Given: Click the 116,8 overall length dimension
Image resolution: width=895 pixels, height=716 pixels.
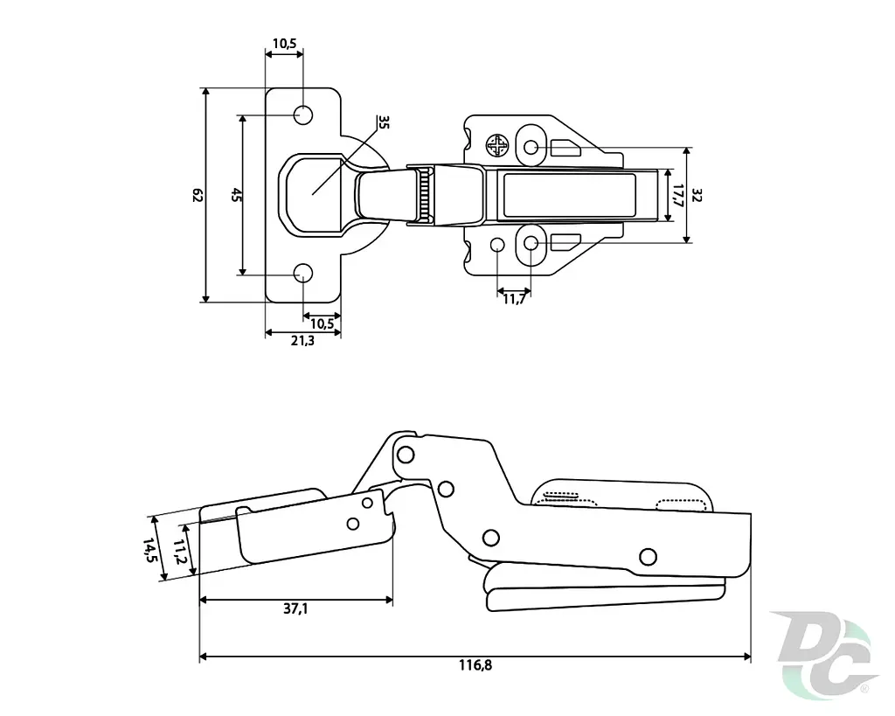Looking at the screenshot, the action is tap(475, 665).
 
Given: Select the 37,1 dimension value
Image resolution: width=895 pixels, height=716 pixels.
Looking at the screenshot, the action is tap(295, 608).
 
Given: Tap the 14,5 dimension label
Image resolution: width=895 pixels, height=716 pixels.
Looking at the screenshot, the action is tap(149, 550).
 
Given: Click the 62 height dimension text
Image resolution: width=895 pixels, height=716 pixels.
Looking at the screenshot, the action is tap(198, 195).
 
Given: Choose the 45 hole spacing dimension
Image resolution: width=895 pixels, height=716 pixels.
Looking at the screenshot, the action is tap(236, 195).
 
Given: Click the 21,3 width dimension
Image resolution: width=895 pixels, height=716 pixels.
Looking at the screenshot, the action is tap(302, 341).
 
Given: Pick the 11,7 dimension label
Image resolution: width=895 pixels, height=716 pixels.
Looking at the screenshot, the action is tap(514, 299).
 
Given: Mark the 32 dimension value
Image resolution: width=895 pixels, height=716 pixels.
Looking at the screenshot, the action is tap(697, 195).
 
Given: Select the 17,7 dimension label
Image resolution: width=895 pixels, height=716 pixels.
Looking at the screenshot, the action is tap(677, 195).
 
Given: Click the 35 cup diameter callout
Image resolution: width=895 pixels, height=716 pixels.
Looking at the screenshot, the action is tap(384, 122).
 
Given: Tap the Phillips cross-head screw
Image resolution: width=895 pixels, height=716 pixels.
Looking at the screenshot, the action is tap(497, 145).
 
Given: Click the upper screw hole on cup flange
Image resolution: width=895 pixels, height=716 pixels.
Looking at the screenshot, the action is tap(303, 115).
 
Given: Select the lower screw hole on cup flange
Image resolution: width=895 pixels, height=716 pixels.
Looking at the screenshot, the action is tap(303, 274).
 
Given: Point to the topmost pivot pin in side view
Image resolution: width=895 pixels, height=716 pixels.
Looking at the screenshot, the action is tap(406, 455).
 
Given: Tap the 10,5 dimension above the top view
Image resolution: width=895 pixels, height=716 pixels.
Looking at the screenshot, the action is tap(284, 44).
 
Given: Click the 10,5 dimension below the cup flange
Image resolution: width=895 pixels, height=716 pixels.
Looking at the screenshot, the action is tap(322, 323).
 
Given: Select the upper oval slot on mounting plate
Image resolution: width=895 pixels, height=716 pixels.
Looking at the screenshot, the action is tap(531, 148).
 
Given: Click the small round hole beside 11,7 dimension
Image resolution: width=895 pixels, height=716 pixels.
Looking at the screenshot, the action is tap(497, 245).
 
